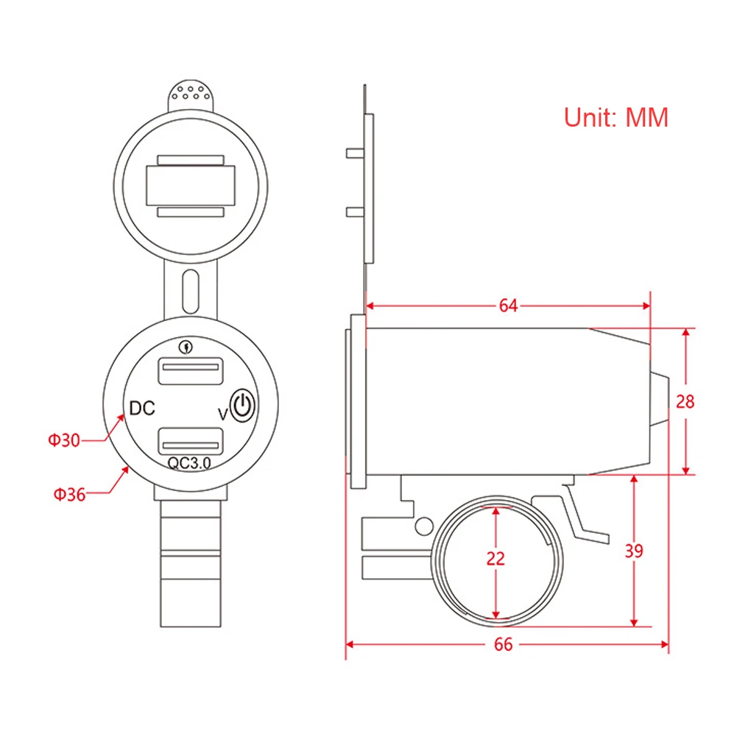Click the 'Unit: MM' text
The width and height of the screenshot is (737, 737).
pos(616,117)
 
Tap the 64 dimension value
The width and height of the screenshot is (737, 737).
pos(508,306)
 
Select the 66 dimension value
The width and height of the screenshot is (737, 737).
pos(503,645)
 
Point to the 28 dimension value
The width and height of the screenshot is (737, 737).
pos(685,402)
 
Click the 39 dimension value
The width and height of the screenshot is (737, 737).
pos(633,551)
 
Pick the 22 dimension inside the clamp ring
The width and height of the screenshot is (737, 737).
pos(496,558)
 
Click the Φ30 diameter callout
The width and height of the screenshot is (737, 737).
pos(63,440)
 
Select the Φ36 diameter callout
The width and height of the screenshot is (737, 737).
pos(68,494)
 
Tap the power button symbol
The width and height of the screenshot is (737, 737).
pos(243,406)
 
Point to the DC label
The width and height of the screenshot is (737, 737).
pos(141,407)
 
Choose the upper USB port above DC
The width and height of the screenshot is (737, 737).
pos(190,370)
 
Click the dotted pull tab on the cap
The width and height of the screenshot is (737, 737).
pos(191,94)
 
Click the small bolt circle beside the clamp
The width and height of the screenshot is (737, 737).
pos(424,525)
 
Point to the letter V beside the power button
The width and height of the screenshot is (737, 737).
pos(222,415)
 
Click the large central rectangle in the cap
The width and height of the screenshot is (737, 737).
pos(191,186)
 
